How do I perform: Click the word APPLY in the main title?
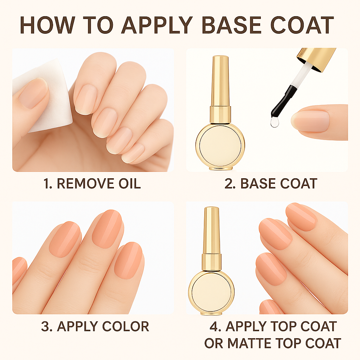[157, 25]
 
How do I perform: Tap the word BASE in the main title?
[231, 25]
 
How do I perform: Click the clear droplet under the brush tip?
[275, 122]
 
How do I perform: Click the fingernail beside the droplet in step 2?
[310, 121]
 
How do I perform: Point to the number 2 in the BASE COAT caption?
[229, 184]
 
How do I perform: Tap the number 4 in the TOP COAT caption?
[214, 326]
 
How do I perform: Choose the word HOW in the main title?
[47, 25]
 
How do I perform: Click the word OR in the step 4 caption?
[213, 343]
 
